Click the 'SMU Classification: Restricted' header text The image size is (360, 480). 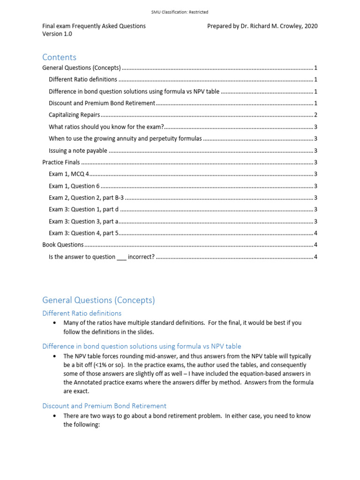tap(180, 12)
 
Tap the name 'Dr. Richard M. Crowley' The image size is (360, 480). tap(268, 26)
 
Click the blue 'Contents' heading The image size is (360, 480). tap(59, 57)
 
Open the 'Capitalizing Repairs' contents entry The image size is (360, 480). tap(74, 115)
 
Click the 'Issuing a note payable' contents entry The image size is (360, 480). tap(78, 150)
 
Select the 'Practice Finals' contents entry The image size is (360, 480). tap(61, 163)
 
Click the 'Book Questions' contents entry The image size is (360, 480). tap(63, 245)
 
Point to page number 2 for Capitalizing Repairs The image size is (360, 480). tap(316, 115)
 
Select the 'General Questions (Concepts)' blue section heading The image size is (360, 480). tap(98, 300)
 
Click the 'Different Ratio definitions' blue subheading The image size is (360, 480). tap(82, 313)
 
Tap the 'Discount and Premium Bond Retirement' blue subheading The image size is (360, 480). tap(104, 406)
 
